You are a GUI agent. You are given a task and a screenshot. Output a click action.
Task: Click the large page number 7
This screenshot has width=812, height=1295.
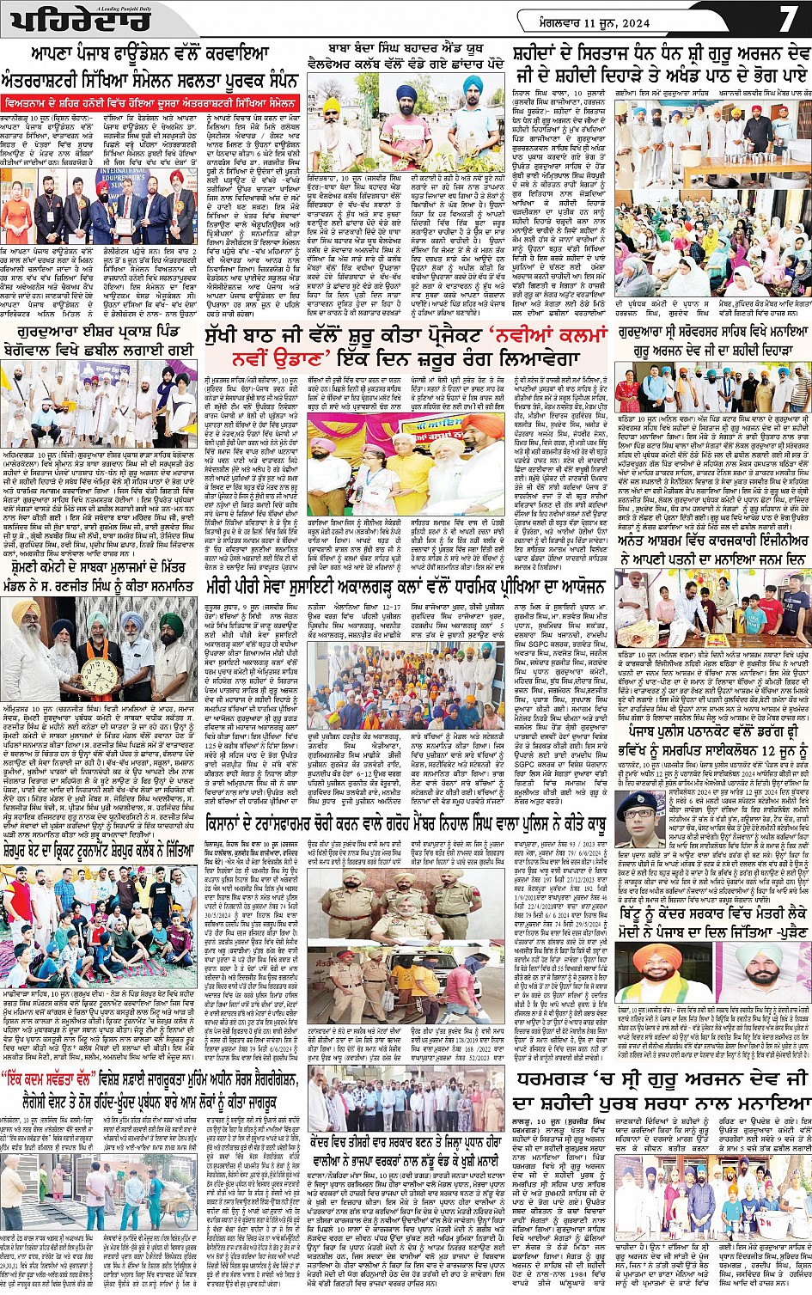pos(788,20)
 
